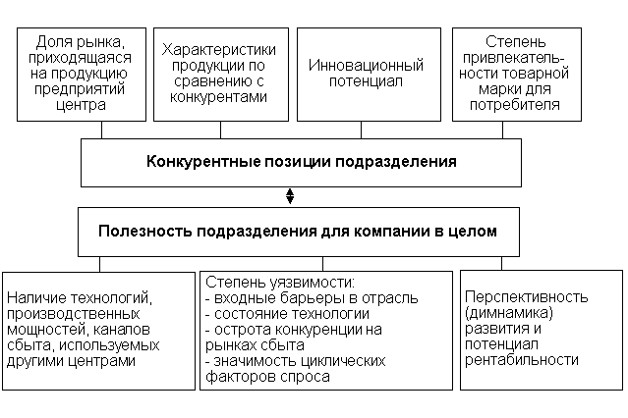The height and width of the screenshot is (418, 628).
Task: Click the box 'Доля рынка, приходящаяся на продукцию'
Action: [x=79, y=75]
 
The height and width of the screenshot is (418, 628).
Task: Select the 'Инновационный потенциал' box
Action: [x=366, y=75]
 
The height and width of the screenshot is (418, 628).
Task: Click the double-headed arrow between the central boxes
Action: [x=290, y=196]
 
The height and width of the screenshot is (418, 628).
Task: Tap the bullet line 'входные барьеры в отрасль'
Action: [x=311, y=297]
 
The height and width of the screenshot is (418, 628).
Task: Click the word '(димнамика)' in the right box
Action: [x=509, y=313]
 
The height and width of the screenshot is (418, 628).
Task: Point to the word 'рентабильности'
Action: [x=523, y=360]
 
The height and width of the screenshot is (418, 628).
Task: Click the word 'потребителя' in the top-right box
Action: [x=521, y=102]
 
